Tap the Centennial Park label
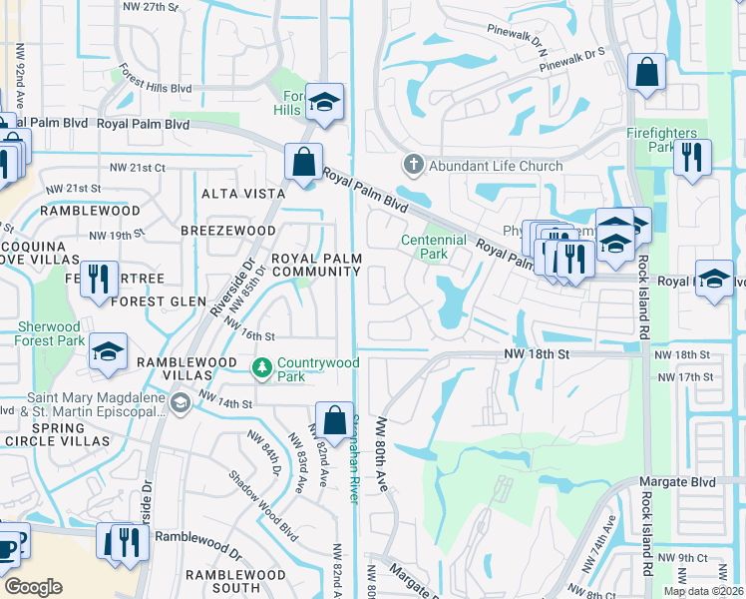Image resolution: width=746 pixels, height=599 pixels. [434, 248]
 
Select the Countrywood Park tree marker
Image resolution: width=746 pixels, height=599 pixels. [262, 369]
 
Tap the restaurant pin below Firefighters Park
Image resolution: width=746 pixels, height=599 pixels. [691, 158]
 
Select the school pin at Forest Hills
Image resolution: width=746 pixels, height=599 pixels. [324, 102]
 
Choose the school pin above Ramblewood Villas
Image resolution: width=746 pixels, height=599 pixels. [108, 352]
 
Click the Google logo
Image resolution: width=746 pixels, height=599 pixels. [34, 587]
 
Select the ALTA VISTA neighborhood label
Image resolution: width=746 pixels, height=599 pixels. [236, 194]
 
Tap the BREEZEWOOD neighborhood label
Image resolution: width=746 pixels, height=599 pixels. [227, 231]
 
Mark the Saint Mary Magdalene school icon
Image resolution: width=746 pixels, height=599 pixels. [180, 402]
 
